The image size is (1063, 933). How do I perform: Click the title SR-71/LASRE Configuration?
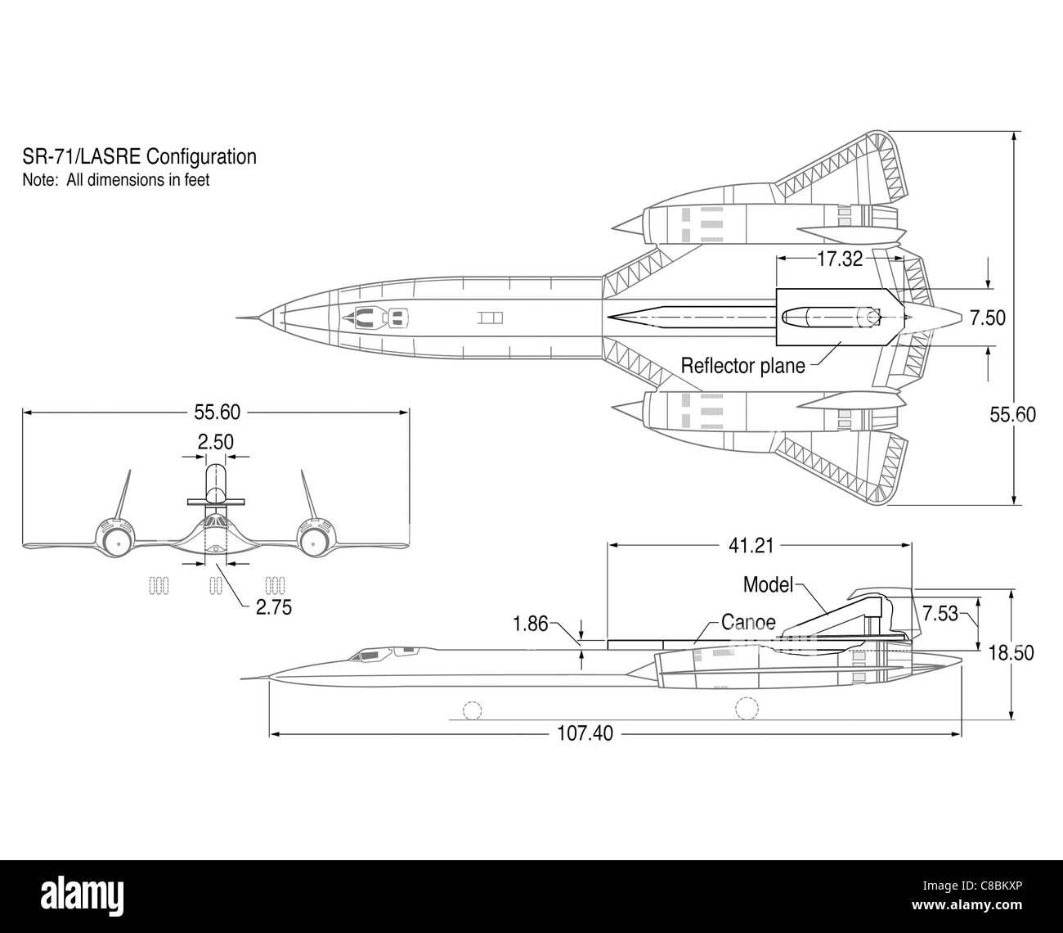(139, 156)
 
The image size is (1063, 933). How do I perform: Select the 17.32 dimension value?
(840, 259)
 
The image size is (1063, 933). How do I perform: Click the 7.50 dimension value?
(988, 318)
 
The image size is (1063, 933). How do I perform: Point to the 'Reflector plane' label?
(742, 366)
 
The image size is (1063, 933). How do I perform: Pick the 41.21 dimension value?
(751, 546)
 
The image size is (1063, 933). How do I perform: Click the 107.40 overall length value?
(585, 733)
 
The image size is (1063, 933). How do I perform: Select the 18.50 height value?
(1011, 653)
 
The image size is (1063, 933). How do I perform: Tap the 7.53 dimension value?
(940, 614)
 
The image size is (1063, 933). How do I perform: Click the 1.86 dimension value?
(530, 624)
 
